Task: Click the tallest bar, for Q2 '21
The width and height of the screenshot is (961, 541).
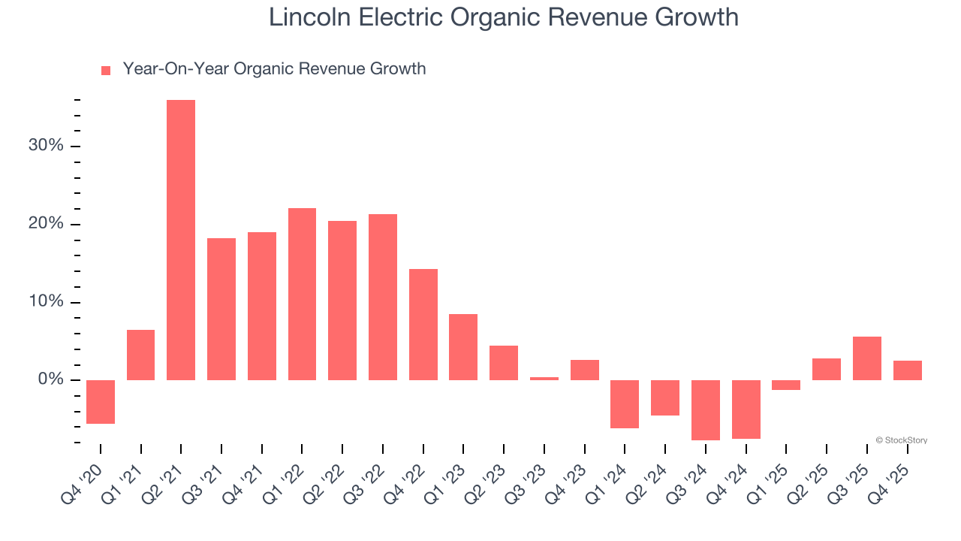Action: click(x=181, y=240)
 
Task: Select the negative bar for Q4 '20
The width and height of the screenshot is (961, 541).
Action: click(x=101, y=402)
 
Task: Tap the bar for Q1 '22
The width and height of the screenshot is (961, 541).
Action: click(x=302, y=294)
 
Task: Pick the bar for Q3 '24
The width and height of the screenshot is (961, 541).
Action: click(x=705, y=410)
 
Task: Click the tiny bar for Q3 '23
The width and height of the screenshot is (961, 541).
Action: click(x=544, y=378)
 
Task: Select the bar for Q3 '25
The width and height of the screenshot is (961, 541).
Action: click(x=866, y=358)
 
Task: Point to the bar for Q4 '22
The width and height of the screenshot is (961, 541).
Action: click(x=423, y=324)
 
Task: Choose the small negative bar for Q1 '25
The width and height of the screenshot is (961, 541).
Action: click(x=786, y=385)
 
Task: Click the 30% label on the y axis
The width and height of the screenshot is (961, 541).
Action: click(x=46, y=146)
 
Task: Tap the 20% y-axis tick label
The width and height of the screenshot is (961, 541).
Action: click(x=46, y=224)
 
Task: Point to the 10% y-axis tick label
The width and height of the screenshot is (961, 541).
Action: click(x=46, y=302)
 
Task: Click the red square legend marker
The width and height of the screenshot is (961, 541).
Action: click(x=106, y=70)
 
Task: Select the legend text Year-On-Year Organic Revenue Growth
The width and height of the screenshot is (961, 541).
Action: click(x=274, y=69)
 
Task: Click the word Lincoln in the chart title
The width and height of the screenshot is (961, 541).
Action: click(x=305, y=17)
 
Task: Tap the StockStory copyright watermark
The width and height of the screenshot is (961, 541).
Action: click(x=901, y=440)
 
